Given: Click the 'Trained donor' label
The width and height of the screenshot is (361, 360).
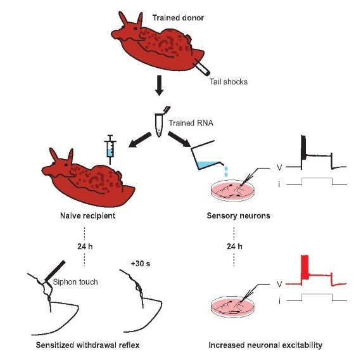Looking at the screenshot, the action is coord(178,18).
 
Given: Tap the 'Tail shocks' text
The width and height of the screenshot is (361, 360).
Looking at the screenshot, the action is coord(229,82).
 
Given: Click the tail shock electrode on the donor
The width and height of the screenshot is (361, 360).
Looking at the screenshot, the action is coord(203,68).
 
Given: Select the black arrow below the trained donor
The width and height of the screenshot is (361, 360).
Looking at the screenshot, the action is coord(160,86).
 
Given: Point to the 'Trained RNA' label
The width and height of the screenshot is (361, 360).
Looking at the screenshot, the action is coord(191,123).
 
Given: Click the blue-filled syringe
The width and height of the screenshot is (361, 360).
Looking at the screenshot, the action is coord(110,150).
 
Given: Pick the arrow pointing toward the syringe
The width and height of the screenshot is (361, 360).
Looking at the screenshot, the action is coord(139,139).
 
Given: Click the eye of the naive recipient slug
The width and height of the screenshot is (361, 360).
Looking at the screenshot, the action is coord(66,165).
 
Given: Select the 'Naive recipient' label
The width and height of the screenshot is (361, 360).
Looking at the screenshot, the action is coord(87,215).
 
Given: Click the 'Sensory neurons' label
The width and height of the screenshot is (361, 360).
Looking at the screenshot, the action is coord(238,215).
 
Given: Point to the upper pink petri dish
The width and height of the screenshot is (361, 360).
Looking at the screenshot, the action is coord(233,190).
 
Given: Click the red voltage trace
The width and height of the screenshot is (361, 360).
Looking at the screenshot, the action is coord(316,274).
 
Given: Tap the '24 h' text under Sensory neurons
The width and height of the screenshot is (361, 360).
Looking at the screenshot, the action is coord(234,247).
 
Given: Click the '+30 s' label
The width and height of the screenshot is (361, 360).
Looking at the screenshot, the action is coord(141,263).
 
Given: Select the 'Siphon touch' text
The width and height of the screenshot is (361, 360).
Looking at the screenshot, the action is coord(75,281).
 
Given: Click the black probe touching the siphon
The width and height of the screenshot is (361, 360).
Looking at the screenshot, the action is coord(55,271).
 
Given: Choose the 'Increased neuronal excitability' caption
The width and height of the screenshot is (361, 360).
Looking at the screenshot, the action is coord(265,345).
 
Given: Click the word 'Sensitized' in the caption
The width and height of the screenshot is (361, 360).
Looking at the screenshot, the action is coord(55,345).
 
